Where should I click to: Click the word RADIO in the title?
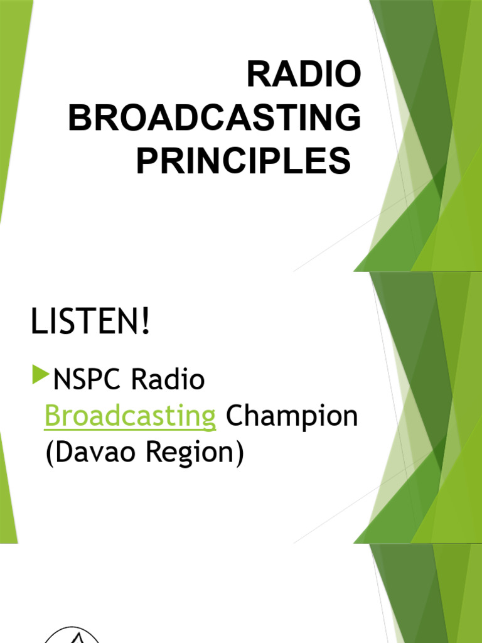pyautogui.click(x=304, y=76)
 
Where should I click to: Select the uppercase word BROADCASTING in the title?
pyautogui.click(x=215, y=119)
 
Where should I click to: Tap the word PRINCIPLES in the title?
pyautogui.click(x=244, y=161)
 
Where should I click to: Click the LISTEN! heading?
pyautogui.click(x=91, y=324)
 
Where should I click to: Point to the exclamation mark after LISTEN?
pyautogui.click(x=146, y=324)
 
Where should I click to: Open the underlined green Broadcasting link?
pyautogui.click(x=131, y=417)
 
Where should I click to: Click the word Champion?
pyautogui.click(x=292, y=417)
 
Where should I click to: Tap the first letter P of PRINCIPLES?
pyautogui.click(x=146, y=161)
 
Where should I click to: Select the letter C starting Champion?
pyautogui.click(x=235, y=417)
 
